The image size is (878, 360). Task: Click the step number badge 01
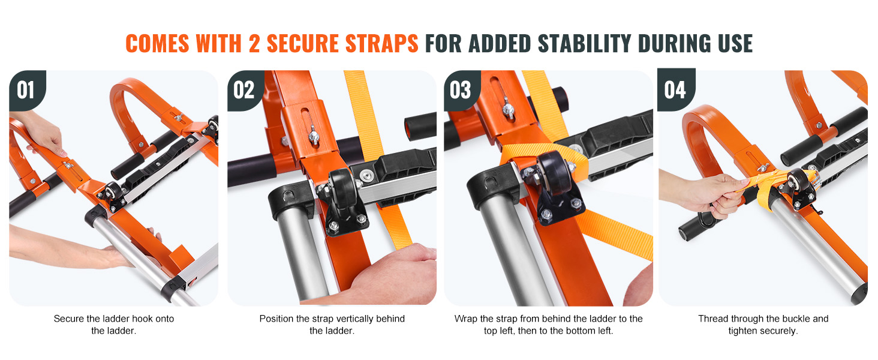pyautogui.click(x=26, y=90)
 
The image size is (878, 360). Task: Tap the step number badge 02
pyautogui.click(x=245, y=90)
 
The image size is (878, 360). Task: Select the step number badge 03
pyautogui.click(x=461, y=90)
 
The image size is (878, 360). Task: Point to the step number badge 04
pyautogui.click(x=676, y=90)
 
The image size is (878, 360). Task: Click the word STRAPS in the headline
pyautogui.click(x=381, y=43)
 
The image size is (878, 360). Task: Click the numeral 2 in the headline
pyautogui.click(x=254, y=43)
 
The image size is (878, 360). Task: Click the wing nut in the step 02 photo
pyautogui.click(x=314, y=135)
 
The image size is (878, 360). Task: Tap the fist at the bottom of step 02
pyautogui.click(x=392, y=275)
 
